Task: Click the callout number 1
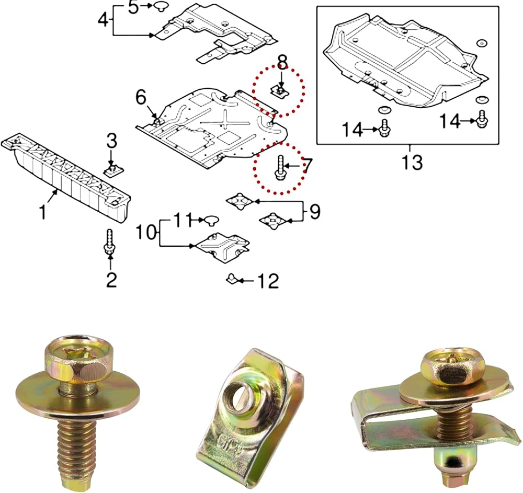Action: coord(43,212)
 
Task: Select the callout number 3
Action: coord(112,141)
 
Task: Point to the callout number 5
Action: coord(133,7)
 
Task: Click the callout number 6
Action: coord(141,98)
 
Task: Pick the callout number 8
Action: coord(282,62)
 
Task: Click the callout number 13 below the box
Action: coord(412,163)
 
